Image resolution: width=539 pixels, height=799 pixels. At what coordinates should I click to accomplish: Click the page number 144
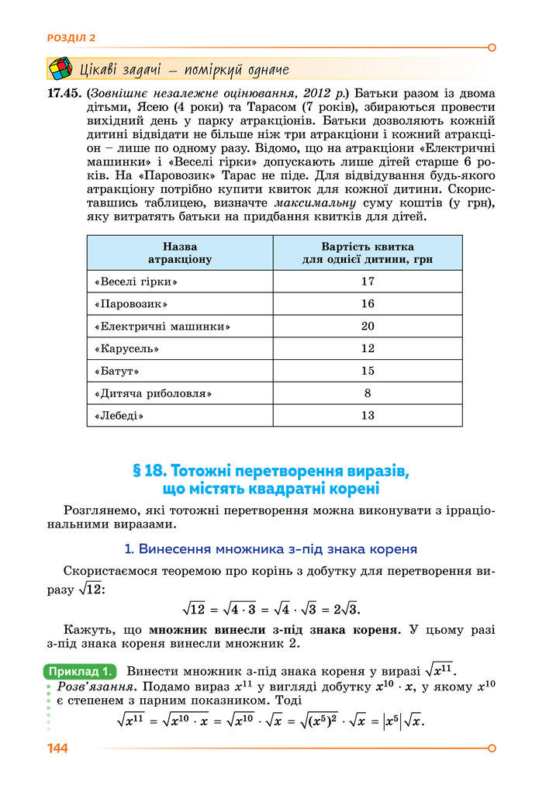click(x=57, y=749)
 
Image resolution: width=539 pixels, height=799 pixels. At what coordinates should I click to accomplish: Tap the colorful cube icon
click(x=60, y=68)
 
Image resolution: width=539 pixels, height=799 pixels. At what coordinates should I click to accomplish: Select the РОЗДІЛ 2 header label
click(x=71, y=36)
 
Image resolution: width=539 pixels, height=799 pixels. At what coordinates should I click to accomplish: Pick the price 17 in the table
click(x=368, y=281)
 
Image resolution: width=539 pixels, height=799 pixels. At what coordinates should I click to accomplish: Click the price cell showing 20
click(x=368, y=326)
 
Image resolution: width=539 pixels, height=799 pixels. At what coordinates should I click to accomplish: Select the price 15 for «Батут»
click(x=368, y=371)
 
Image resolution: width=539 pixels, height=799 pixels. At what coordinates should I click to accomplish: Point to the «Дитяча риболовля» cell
click(x=153, y=393)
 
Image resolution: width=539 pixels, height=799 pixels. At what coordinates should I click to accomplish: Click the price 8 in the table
click(x=368, y=393)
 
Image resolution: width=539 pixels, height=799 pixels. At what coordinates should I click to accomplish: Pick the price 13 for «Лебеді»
click(x=368, y=416)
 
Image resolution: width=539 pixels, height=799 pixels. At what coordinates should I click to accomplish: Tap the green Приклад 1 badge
click(x=81, y=671)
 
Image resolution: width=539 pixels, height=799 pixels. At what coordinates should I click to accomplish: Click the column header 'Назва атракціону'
click(x=179, y=253)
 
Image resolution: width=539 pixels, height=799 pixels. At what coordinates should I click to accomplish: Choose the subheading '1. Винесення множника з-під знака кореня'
click(x=271, y=549)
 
